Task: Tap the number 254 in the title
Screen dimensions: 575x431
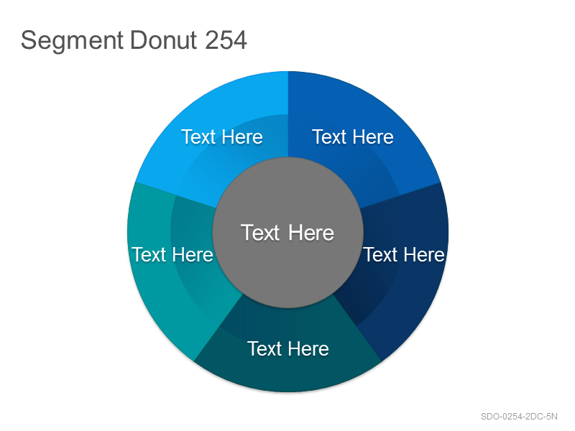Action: point(226,40)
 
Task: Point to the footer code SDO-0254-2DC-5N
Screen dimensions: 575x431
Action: point(519,417)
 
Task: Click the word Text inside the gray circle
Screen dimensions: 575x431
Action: point(260,232)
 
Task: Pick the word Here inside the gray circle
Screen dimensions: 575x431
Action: point(311,232)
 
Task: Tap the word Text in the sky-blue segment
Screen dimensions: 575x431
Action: point(198,137)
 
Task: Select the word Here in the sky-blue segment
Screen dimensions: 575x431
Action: point(242,137)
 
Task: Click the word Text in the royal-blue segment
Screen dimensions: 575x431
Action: point(329,137)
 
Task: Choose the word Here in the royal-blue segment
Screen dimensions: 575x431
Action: point(373,137)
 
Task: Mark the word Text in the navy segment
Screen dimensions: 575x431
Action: point(380,254)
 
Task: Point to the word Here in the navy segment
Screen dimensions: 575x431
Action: point(425,254)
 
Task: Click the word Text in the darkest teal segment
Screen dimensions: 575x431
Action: point(264,348)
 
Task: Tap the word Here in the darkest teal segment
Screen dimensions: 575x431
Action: point(309,348)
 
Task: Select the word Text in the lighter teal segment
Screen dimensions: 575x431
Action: point(149,254)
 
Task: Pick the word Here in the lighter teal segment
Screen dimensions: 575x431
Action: point(193,254)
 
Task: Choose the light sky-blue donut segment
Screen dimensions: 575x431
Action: point(220,110)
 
